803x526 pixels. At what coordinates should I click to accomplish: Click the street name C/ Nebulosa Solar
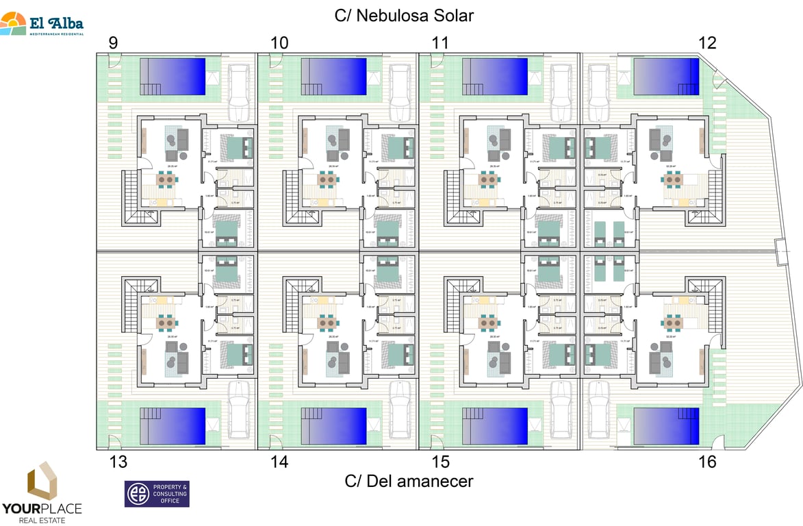coord(404,15)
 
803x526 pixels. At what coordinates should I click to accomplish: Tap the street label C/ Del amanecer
coord(409,481)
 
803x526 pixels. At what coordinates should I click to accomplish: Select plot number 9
coord(113,43)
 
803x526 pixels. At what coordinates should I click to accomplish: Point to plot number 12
coord(707,43)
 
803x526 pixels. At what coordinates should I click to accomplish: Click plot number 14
coord(279,462)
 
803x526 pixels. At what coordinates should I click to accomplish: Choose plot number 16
coord(707,462)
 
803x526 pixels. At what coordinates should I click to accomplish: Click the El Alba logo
coord(42,25)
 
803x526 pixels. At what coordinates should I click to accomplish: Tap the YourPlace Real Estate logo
coord(42,492)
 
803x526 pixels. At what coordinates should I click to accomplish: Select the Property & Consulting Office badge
coord(156,494)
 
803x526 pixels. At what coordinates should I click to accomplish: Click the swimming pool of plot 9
coord(173,76)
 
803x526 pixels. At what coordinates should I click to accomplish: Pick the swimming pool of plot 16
coord(665,425)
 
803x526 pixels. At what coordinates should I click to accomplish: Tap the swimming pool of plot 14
coord(333,425)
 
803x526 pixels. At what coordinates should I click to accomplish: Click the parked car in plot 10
coord(400,93)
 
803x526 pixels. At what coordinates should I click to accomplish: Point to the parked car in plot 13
coord(238,409)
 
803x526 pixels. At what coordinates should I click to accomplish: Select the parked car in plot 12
coord(598,93)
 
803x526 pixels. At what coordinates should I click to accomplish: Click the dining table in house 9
coord(167,179)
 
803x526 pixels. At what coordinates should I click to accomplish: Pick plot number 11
coord(440,43)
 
